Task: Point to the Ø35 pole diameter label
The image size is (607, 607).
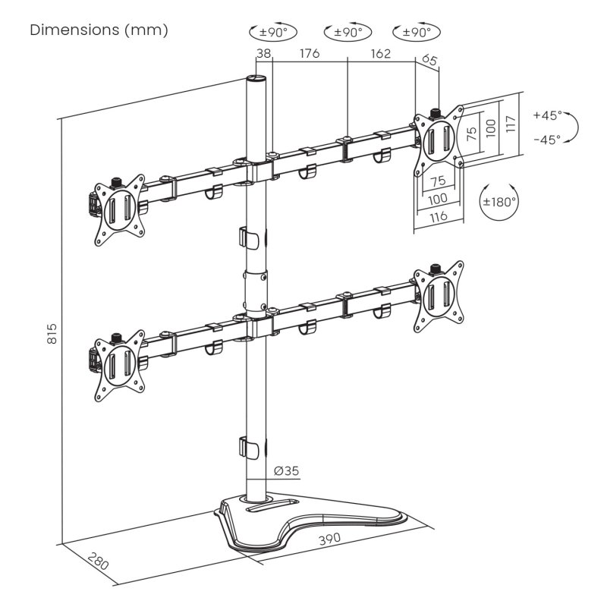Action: coord(285,471)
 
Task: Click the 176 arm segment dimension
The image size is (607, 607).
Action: coord(309,54)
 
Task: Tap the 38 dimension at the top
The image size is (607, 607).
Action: coord(263,54)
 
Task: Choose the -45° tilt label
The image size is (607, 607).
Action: coord(546,139)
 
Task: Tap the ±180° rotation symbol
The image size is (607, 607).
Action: coord(498,203)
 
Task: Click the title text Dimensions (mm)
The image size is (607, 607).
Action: coord(99,31)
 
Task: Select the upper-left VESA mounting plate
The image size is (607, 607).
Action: coord(118,210)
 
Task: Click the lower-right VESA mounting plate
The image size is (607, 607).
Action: coord(438,294)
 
